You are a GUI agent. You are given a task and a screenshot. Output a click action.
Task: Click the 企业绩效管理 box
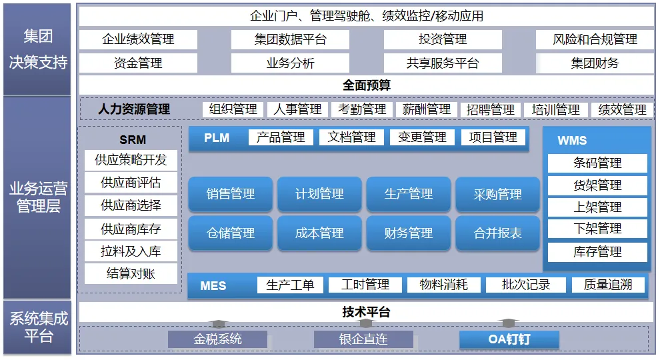(x=138, y=39)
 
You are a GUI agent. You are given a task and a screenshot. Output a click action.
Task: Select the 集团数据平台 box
(x=290, y=39)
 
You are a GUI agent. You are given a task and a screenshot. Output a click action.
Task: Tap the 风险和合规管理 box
(x=595, y=39)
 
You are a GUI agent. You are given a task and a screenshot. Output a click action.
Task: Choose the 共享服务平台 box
(x=443, y=63)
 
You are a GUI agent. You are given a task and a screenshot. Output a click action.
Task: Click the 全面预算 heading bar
(x=366, y=85)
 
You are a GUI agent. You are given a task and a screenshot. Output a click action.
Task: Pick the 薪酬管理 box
(x=427, y=109)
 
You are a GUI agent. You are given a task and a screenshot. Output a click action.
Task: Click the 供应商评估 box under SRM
(x=131, y=182)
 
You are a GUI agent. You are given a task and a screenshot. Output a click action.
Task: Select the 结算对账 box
(x=131, y=273)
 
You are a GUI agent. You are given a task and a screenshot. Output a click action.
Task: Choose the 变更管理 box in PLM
(x=422, y=137)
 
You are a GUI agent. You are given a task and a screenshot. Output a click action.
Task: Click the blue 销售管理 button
(x=231, y=194)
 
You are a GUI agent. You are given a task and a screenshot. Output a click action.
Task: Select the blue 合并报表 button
(x=497, y=233)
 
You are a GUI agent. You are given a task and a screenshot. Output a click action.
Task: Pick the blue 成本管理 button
(x=319, y=233)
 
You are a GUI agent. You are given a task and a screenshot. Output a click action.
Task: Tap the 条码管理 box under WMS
(x=597, y=163)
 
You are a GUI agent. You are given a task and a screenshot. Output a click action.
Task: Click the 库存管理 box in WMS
(x=597, y=252)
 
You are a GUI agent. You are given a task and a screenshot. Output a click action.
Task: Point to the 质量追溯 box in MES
(x=608, y=285)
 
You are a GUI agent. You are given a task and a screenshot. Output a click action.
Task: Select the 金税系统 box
(x=217, y=339)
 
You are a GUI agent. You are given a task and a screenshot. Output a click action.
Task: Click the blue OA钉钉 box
(x=509, y=339)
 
